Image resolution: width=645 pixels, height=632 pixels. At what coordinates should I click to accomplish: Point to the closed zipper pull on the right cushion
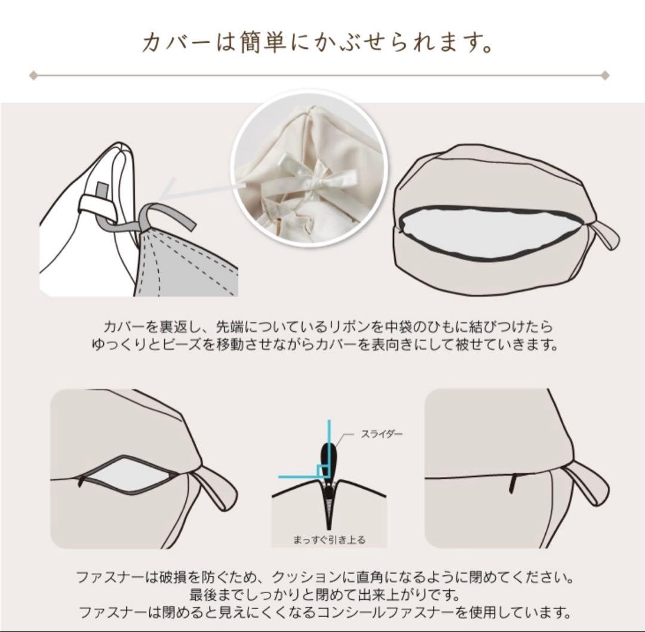coord(512,484)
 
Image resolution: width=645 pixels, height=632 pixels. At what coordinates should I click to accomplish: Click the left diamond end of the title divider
coord(33,76)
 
